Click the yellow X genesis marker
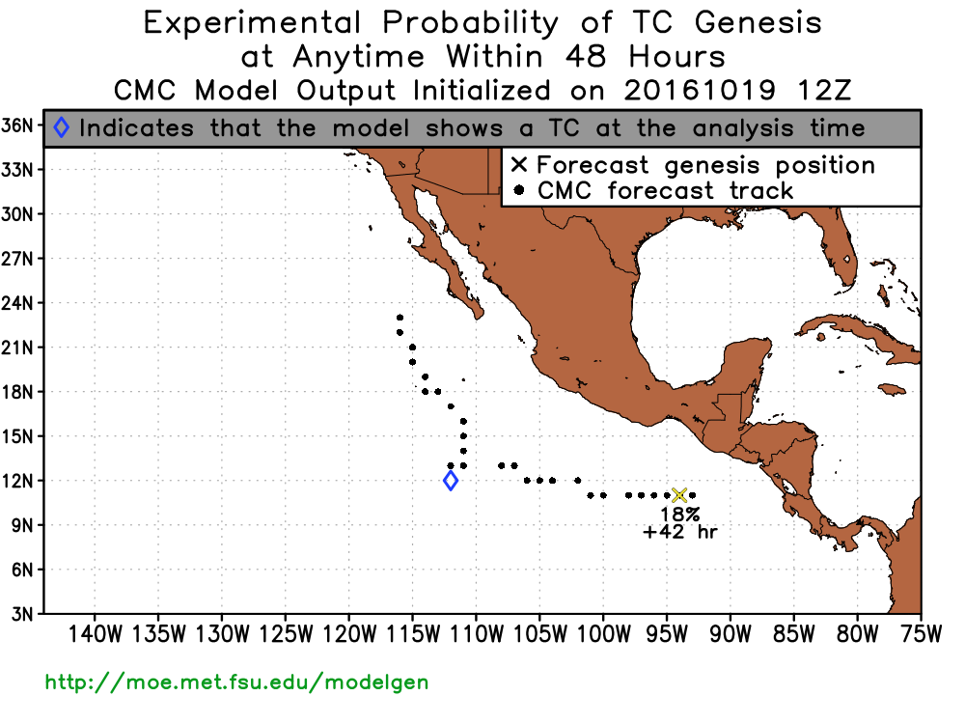pos(678,495)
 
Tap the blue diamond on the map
pos(451,480)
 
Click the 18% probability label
pos(680,515)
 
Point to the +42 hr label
pos(680,531)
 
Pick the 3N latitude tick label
pos(22,614)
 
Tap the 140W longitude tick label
pos(95,634)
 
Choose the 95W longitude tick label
pos(667,634)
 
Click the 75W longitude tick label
pos(921,634)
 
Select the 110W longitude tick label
pos(476,634)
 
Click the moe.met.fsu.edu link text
pos(237,682)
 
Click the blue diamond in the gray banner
pos(61,127)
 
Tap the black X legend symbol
pos(519,164)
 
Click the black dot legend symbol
pos(519,190)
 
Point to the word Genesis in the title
pos(758,23)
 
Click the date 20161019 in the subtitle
pos(699,91)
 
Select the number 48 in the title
pos(586,57)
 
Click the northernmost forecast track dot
pos(400,318)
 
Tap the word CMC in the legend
pos(565,190)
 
